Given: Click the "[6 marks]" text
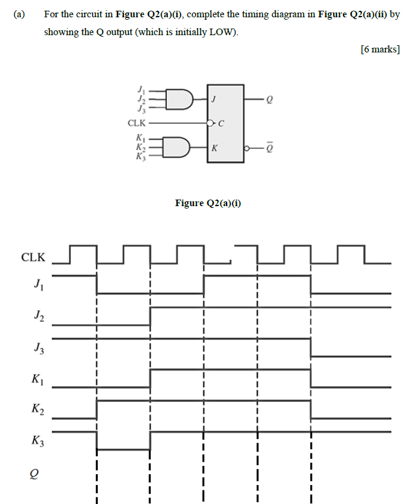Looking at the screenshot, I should [x=380, y=49].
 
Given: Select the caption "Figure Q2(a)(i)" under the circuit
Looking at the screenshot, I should [x=208, y=203].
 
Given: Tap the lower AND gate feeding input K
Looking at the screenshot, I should [x=180, y=146].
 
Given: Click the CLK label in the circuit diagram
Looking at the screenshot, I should [x=137, y=123].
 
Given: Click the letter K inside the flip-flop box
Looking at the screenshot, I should [x=213, y=147].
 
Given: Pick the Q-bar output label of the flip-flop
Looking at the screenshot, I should [x=271, y=145].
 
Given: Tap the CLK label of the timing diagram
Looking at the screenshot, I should [x=33, y=257].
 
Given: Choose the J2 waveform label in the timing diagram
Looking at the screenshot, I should [x=38, y=317].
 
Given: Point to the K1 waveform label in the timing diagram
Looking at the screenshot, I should [x=38, y=379].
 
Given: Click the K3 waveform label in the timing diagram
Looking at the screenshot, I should [x=38, y=441].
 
